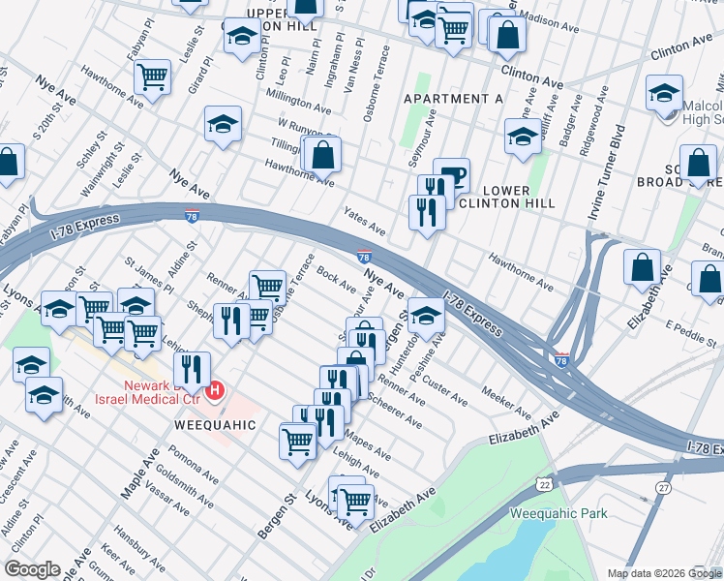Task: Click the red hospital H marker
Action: [x=217, y=391]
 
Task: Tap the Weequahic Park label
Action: [x=558, y=513]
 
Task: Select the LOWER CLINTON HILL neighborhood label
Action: [x=505, y=197]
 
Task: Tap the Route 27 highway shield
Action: [x=663, y=486]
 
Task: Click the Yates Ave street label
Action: [x=363, y=222]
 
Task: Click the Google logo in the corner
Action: [x=32, y=570]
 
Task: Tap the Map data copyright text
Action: [x=663, y=573]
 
